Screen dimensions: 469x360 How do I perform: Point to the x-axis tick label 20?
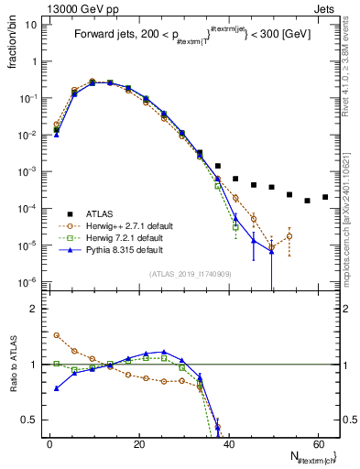click(138, 444)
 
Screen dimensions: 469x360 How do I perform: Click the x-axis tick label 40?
click(228, 444)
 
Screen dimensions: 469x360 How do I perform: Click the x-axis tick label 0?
click(49, 444)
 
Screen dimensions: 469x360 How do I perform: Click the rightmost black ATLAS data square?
click(325, 197)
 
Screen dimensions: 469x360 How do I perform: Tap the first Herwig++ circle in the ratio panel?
click(57, 335)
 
